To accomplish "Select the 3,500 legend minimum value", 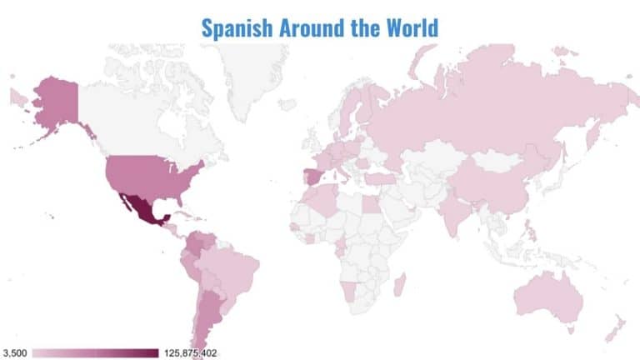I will [x=16, y=353].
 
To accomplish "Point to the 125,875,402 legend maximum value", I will [x=191, y=353].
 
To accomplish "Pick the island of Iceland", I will [x=287, y=104].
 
